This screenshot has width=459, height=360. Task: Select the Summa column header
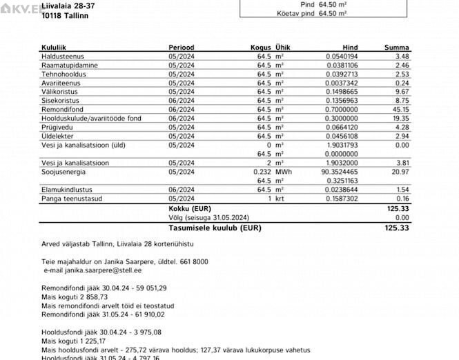[397, 47]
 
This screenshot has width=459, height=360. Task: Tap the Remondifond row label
[63, 109]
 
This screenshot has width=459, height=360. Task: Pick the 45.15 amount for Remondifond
[402, 109]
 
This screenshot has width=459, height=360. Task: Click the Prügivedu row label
[57, 127]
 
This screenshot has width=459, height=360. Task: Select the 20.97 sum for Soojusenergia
[402, 172]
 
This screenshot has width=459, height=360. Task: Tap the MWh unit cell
[283, 172]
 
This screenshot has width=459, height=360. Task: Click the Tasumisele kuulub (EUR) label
[215, 227]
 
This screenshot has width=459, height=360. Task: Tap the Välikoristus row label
[59, 91]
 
